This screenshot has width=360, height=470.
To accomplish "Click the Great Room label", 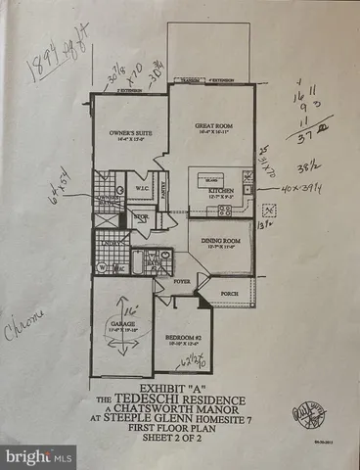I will click(x=206, y=125).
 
